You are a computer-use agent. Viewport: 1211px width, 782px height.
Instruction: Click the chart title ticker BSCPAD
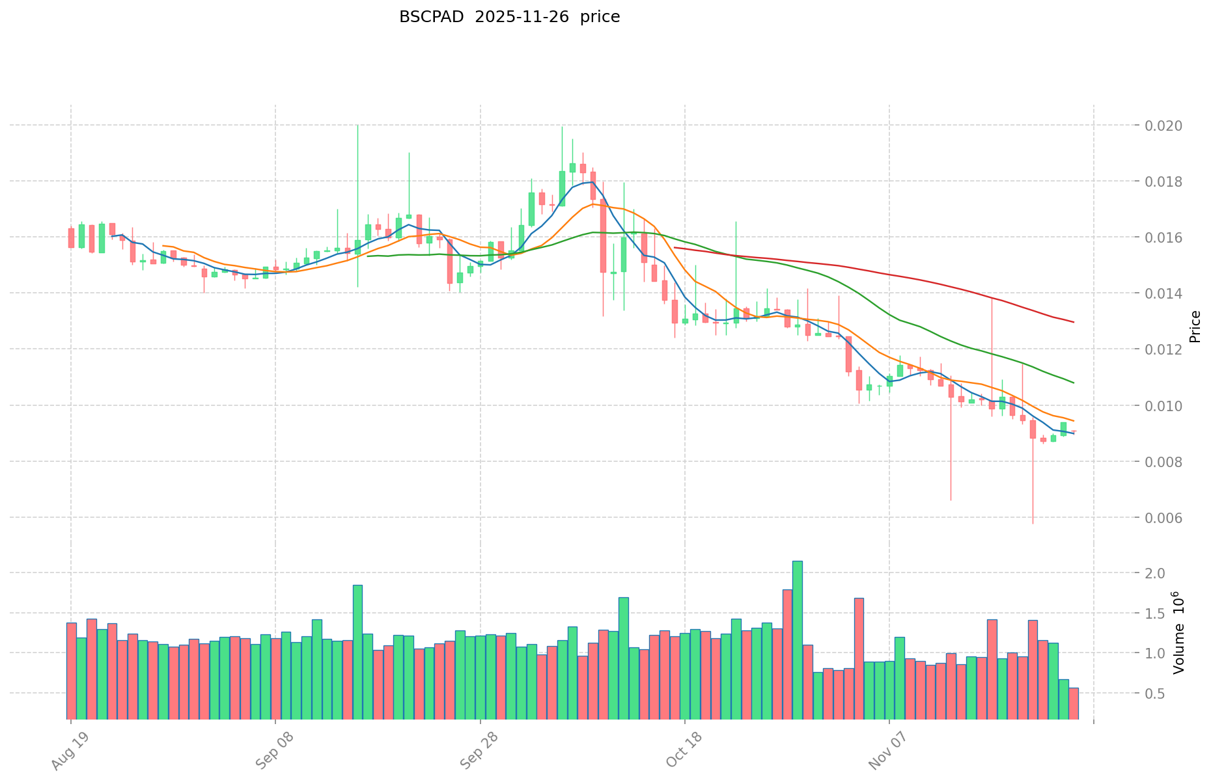click(431, 17)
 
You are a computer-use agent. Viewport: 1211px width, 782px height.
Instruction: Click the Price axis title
click(1195, 327)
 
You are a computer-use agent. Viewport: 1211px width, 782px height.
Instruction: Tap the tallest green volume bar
click(797, 640)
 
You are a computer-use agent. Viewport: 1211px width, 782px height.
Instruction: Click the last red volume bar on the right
click(1073, 703)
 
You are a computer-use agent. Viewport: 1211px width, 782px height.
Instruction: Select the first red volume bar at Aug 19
click(71, 670)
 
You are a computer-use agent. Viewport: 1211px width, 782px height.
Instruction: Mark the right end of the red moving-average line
click(1074, 322)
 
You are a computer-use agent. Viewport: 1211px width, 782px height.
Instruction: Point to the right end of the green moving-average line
click(1074, 383)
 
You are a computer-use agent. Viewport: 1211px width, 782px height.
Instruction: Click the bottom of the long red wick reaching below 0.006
click(1033, 523)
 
